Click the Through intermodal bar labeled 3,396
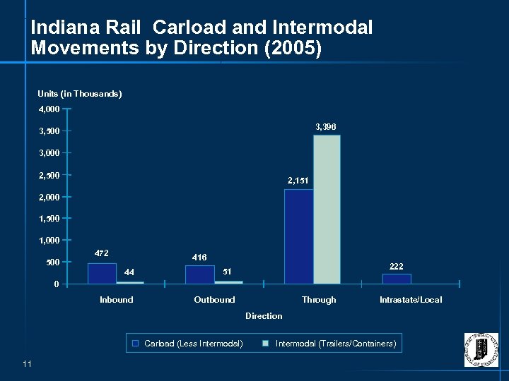[x=327, y=210]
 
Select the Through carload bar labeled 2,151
[x=298, y=236]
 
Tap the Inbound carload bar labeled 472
[x=102, y=273]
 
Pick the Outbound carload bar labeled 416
[x=199, y=274]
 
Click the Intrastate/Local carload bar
[x=397, y=279]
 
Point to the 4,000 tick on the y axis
[x=49, y=109]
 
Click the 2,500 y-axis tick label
[x=49, y=175]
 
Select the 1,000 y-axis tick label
[x=49, y=241]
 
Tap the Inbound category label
[x=116, y=300]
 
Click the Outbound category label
[x=214, y=300]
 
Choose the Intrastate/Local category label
[x=411, y=300]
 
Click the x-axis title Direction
[x=264, y=316]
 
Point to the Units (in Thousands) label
[x=79, y=94]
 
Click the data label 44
[x=129, y=272]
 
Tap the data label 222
[x=397, y=266]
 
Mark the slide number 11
[x=28, y=363]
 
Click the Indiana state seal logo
[x=481, y=349]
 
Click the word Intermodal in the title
[x=325, y=28]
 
